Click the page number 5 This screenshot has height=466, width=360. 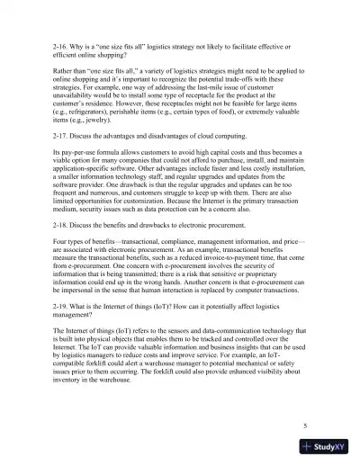(x=306, y=424)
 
